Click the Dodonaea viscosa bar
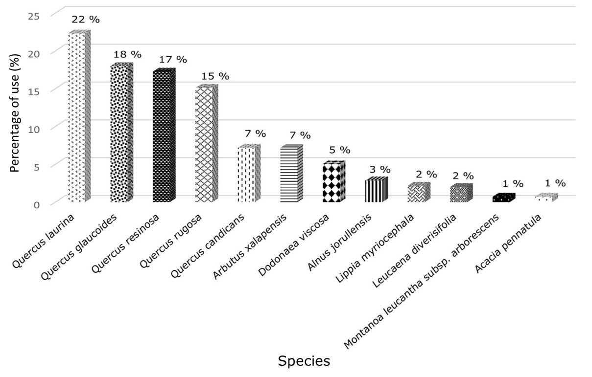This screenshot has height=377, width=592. pyautogui.click(x=333, y=182)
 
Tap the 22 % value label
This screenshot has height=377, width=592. pyautogui.click(x=85, y=20)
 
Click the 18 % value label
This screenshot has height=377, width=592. pyautogui.click(x=127, y=54)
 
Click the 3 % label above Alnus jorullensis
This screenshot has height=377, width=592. pyautogui.click(x=380, y=170)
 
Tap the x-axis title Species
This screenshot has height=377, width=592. pyautogui.click(x=304, y=361)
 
